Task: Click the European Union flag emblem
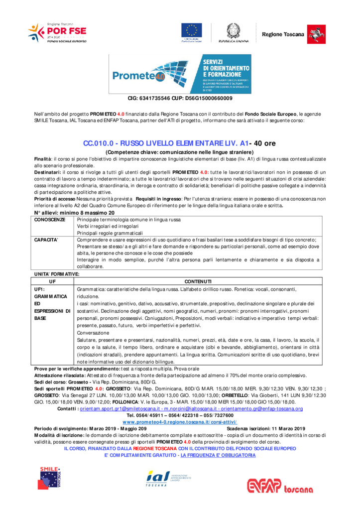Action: (191, 31)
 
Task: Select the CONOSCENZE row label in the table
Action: (50, 220)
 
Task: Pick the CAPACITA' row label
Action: (46, 240)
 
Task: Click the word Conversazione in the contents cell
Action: (93, 333)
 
